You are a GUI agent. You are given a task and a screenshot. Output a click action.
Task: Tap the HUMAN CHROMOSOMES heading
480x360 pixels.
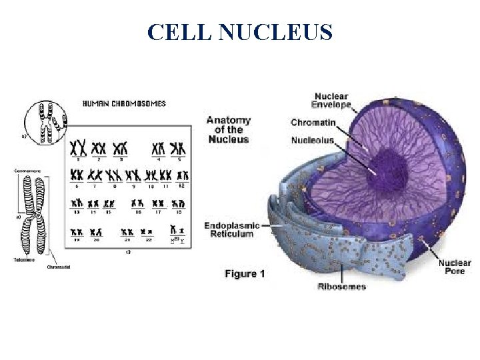124,104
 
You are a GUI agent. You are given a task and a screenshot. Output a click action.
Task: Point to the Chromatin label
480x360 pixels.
312,122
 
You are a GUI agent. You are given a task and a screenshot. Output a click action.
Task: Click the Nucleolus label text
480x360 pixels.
312,140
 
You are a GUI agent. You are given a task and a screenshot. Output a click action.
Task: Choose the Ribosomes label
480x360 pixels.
341,287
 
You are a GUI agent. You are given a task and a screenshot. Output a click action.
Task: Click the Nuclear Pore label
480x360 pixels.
454,267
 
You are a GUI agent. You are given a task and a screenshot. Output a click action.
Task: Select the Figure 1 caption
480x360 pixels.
245,273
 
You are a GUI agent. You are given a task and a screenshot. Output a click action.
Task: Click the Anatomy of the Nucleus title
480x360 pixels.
228,129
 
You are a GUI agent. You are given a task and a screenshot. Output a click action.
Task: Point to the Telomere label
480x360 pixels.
25,260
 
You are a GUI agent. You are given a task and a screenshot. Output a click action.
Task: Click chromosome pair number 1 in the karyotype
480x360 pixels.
79,148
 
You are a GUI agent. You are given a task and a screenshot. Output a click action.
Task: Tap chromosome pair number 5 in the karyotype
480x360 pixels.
178,148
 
